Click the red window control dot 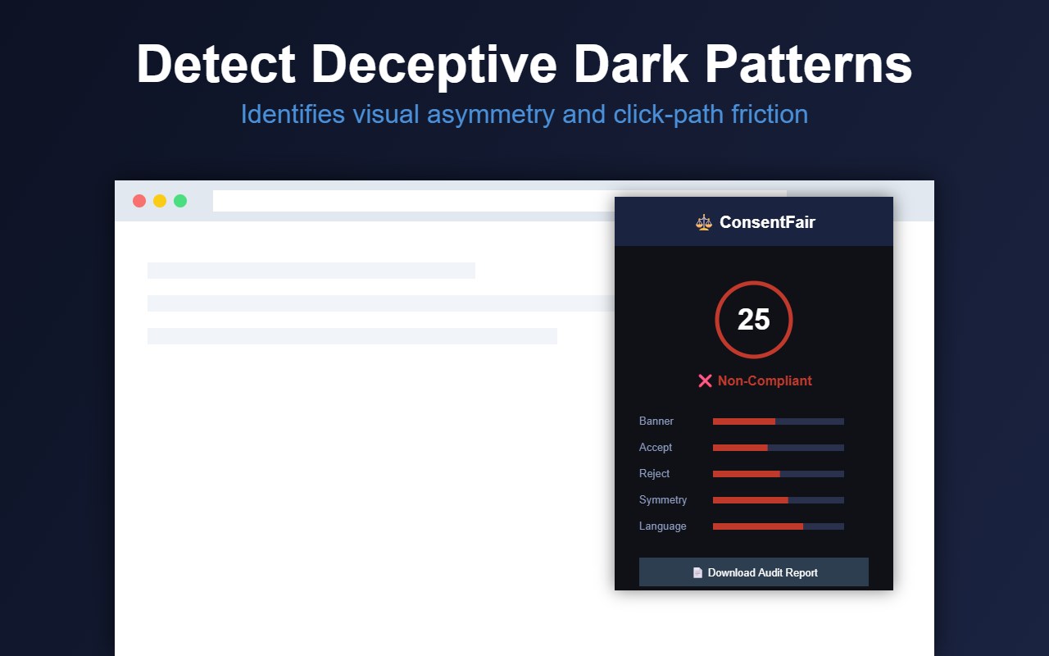(139, 201)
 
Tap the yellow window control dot (160, 201)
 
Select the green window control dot (180, 201)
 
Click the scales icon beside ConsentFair (703, 222)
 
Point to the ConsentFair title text (767, 222)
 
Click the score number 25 (753, 320)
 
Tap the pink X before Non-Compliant (705, 381)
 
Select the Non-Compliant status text (765, 381)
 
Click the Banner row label (656, 421)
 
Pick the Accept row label (655, 448)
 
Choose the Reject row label (654, 474)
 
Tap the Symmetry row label (663, 500)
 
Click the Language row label (663, 526)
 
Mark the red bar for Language (758, 526)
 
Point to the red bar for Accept (740, 448)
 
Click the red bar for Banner (743, 421)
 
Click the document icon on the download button (697, 572)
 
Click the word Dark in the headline (631, 64)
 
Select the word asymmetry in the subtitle (490, 115)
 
